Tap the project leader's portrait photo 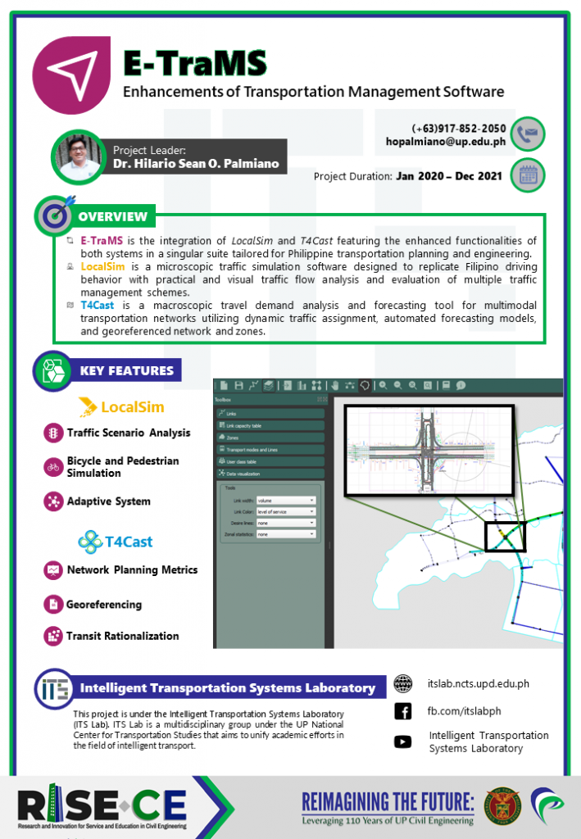click(79, 156)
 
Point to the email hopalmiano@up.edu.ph click(445, 142)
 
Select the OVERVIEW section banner click(112, 216)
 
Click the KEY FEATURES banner click(126, 370)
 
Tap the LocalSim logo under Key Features click(122, 406)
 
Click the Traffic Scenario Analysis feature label click(128, 433)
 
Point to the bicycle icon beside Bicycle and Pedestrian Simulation click(53, 467)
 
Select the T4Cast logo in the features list click(115, 542)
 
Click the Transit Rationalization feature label click(122, 636)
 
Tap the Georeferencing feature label click(104, 605)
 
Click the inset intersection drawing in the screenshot click(429, 451)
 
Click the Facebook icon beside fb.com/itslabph click(402, 711)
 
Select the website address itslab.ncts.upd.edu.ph click(479, 683)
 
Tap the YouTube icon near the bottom click(402, 741)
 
